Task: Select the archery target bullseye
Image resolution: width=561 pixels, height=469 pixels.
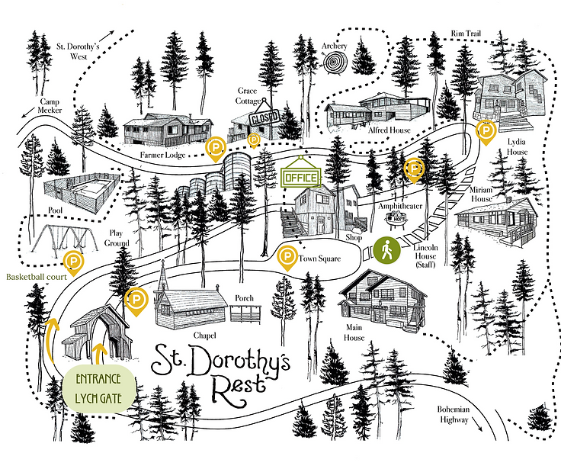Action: pyautogui.click(x=335, y=66)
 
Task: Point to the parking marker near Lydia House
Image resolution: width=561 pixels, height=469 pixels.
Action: pyautogui.click(x=484, y=132)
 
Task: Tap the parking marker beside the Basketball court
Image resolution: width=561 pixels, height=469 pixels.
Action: pyautogui.click(x=74, y=262)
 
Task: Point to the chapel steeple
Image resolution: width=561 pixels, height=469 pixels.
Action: pyautogui.click(x=162, y=275)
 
